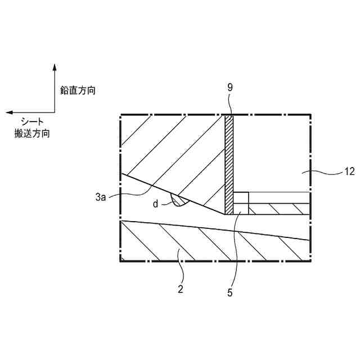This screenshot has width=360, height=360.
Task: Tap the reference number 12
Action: [x=349, y=172]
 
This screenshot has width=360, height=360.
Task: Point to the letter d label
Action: [x=155, y=204]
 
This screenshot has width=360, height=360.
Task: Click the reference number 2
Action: [x=180, y=289]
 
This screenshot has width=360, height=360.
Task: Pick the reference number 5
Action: [x=229, y=292]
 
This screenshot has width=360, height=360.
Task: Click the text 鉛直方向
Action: [x=77, y=90]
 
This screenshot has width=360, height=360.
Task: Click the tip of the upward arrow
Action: [x=55, y=65]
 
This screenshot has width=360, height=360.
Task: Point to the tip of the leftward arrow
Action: [x=7, y=112]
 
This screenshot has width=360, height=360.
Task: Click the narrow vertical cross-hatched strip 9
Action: [x=229, y=163]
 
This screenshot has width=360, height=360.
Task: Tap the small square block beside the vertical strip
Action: [x=241, y=198]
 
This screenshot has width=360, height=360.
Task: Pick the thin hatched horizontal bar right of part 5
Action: [x=278, y=209]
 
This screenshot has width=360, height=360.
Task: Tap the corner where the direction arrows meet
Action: [x=55, y=112]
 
